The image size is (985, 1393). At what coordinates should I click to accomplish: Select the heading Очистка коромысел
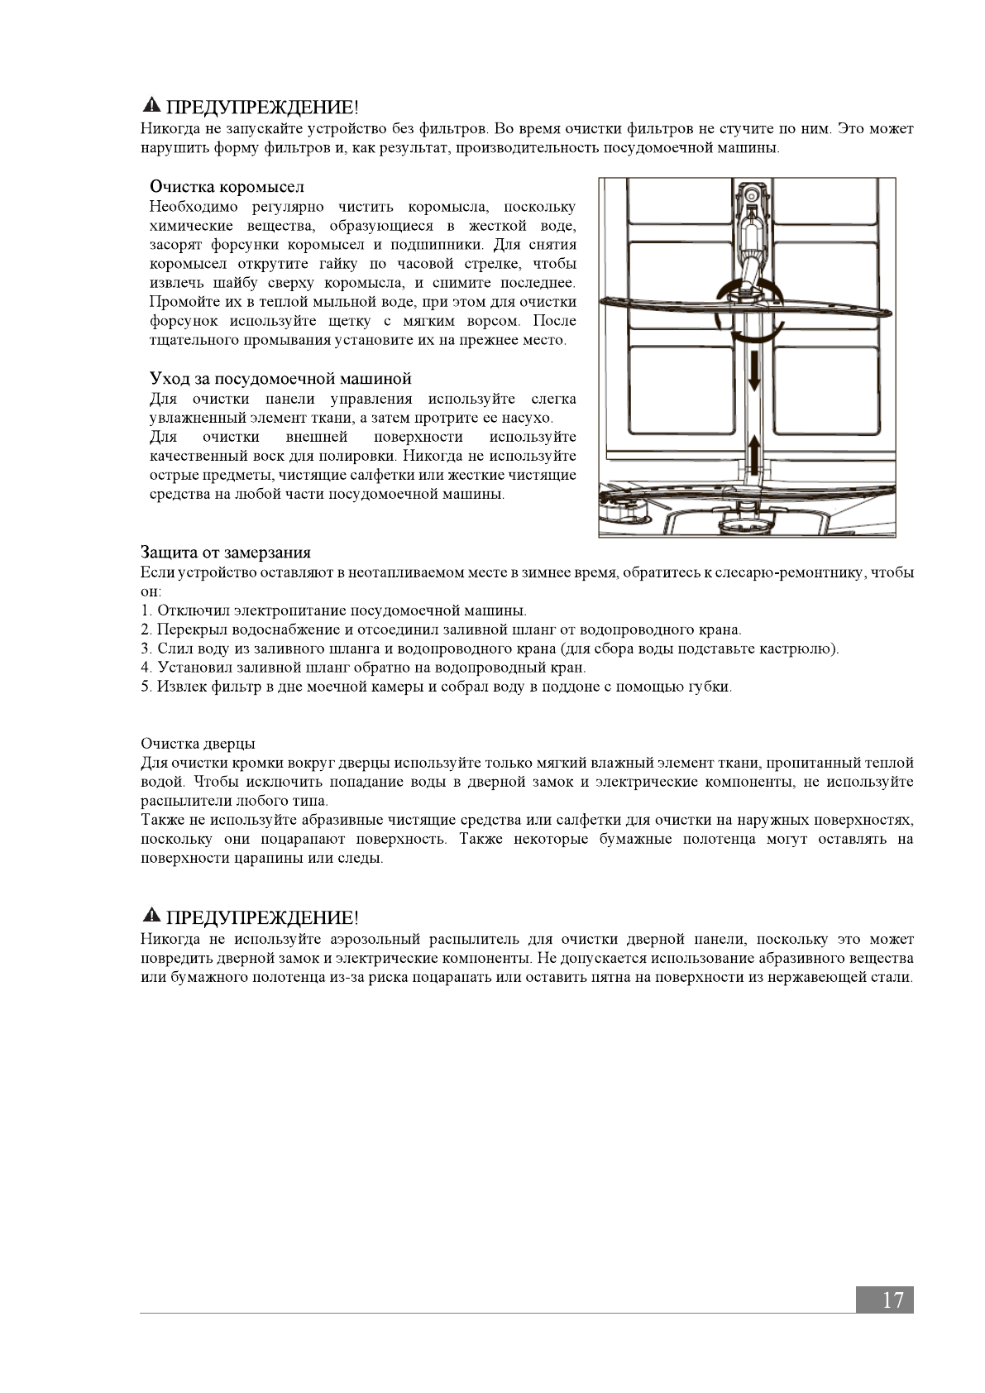click(227, 187)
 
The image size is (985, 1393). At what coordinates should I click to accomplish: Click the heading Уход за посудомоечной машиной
click(280, 379)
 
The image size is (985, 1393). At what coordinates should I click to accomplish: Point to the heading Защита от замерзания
click(226, 553)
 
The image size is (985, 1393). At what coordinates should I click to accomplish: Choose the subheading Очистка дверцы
click(198, 744)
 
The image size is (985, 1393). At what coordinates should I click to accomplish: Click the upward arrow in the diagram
click(753, 453)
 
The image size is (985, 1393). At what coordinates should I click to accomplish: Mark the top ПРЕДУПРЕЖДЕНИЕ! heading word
click(263, 107)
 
